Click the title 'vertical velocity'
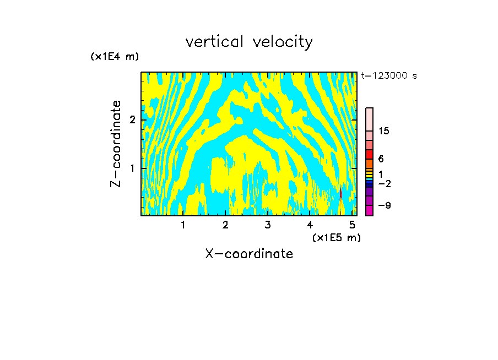pyautogui.click(x=249, y=42)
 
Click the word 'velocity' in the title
pyautogui.click(x=282, y=42)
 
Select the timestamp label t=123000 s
pyautogui.click(x=388, y=76)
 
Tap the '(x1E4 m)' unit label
pyautogui.click(x=115, y=57)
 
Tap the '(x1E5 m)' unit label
pyautogui.click(x=336, y=237)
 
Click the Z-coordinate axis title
pyautogui.click(x=116, y=144)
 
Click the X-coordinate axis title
pyautogui.click(x=249, y=254)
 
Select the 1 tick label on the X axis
pyautogui.click(x=183, y=225)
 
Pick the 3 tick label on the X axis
pyautogui.click(x=268, y=225)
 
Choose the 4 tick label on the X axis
pyautogui.click(x=310, y=225)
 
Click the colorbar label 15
pyautogui.click(x=384, y=131)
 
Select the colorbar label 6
pyautogui.click(x=381, y=159)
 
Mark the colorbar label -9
pyautogui.click(x=384, y=205)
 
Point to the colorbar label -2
pyautogui.click(x=384, y=183)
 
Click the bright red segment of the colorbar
pyautogui.click(x=369, y=154)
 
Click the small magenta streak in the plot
pyautogui.click(x=341, y=193)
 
